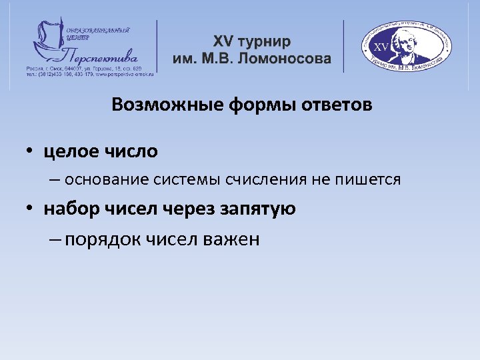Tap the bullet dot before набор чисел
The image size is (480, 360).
[31, 209]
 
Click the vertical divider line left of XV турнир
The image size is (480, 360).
[157, 46]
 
